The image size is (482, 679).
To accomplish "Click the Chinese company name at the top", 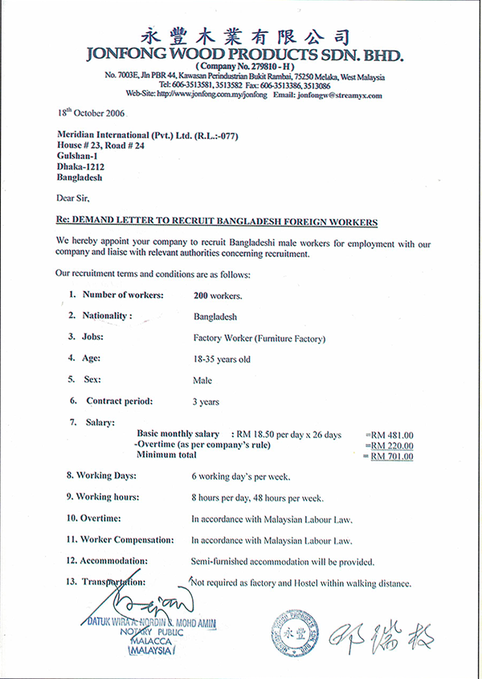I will point(246,36).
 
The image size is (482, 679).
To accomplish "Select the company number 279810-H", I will point(246,67).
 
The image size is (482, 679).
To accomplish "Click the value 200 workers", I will point(217,295).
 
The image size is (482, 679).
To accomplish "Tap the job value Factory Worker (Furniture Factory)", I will point(259,337).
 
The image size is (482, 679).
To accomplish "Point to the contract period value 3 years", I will point(206,401).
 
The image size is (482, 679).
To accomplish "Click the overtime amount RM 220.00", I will point(391,445).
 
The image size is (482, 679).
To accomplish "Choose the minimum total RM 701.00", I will point(391,456).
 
